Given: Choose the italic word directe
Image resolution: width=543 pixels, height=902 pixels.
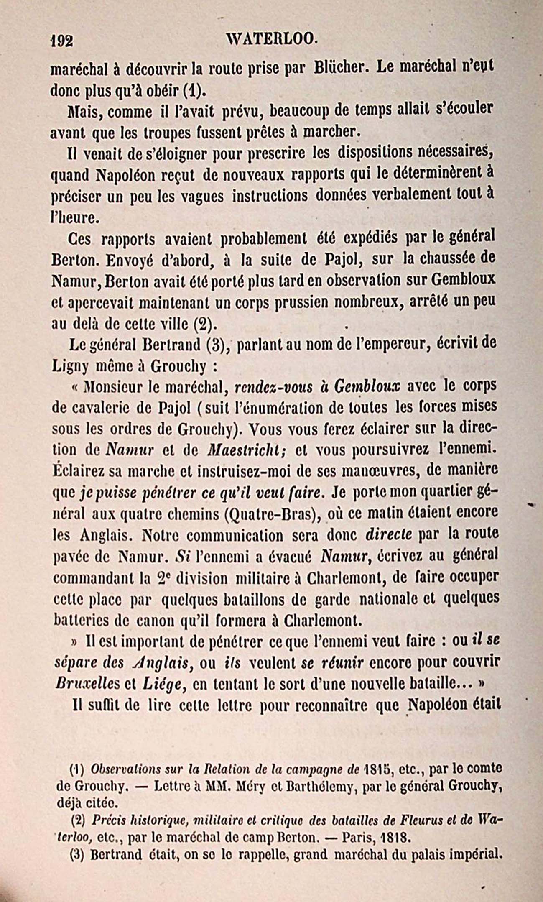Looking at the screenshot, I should point(389,535).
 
